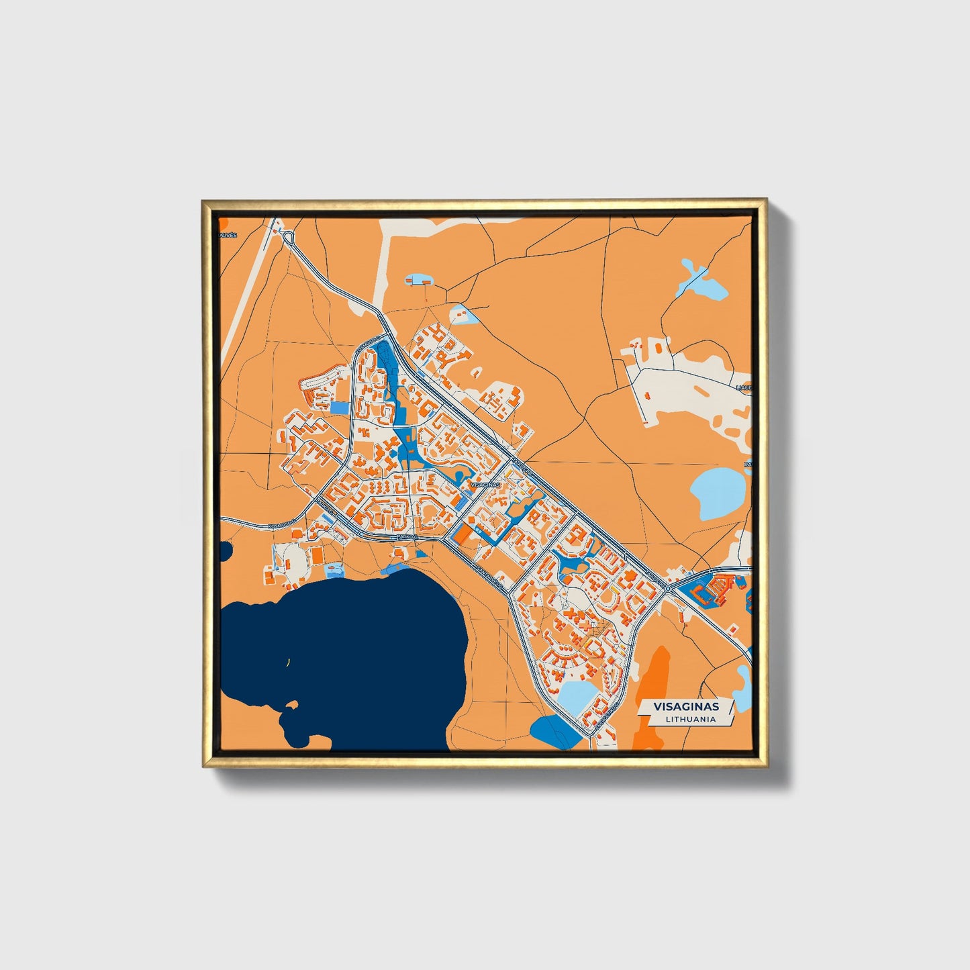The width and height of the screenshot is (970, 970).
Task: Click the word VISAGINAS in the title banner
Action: (x=685, y=706)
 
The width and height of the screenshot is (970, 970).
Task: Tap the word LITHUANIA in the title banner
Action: (x=691, y=719)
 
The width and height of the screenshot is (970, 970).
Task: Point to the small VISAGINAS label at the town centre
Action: (x=485, y=484)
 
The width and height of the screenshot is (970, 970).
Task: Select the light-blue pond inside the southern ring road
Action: (x=577, y=696)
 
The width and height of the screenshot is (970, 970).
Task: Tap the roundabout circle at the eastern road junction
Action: (x=669, y=588)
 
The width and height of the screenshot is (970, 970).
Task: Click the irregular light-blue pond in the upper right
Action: (x=704, y=283)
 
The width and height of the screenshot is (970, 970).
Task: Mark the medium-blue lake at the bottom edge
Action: (x=554, y=731)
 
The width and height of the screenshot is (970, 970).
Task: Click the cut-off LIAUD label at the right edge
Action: (x=743, y=388)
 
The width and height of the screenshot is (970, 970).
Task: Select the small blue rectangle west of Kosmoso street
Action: (x=340, y=407)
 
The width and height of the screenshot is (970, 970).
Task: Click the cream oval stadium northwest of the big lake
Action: (x=294, y=559)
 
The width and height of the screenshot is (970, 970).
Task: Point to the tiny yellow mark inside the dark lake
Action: (x=288, y=663)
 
